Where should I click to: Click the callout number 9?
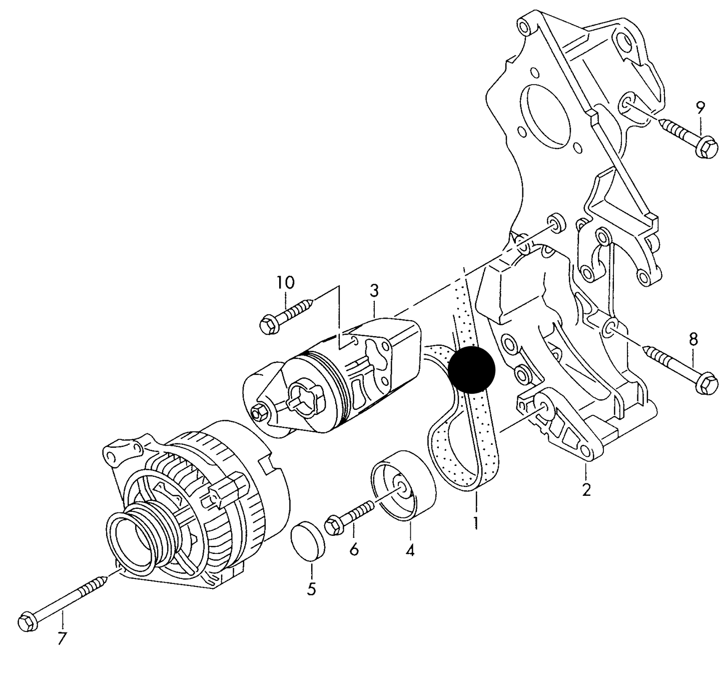click(x=700, y=108)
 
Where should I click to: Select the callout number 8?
click(x=693, y=340)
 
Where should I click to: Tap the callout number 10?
click(x=285, y=282)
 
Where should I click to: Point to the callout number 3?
click(x=374, y=291)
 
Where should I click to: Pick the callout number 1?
click(x=476, y=522)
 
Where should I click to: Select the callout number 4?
click(x=410, y=550)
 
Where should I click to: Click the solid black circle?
click(x=472, y=369)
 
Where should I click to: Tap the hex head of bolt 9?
click(x=706, y=147)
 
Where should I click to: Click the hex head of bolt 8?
click(x=707, y=384)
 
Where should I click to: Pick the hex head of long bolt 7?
click(x=28, y=621)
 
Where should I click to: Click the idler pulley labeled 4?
click(x=403, y=485)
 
